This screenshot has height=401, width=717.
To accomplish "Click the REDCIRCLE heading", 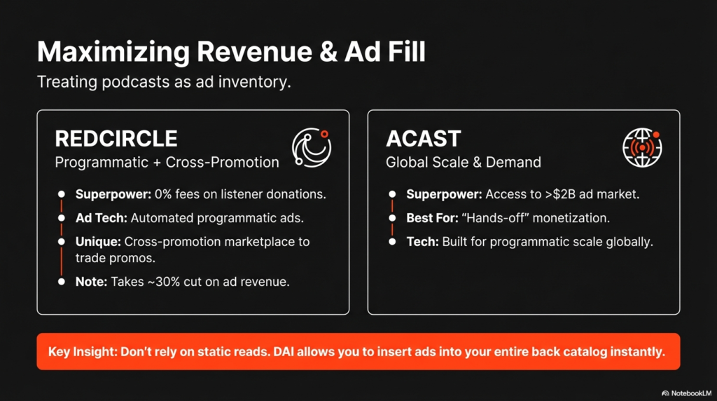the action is coord(116,139).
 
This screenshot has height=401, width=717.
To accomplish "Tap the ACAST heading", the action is coord(424,139).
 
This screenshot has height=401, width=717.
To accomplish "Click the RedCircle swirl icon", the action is coord(312,147).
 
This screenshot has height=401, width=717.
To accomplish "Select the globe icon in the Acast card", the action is coord(643,147).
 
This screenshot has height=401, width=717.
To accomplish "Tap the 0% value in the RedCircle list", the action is coord(163,194).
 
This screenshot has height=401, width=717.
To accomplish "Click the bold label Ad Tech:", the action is coord(102,218).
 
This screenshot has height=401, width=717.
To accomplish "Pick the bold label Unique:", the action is coord(98,242).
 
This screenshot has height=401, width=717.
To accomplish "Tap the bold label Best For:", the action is coord(432,218).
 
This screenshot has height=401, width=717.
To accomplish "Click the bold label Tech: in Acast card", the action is coord(422,242).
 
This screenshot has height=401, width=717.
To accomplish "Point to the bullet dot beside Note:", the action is coord(62,282).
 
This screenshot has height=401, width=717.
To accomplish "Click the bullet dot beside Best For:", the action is coord(392,218).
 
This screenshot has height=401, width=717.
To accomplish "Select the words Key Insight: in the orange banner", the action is coord(83,352).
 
